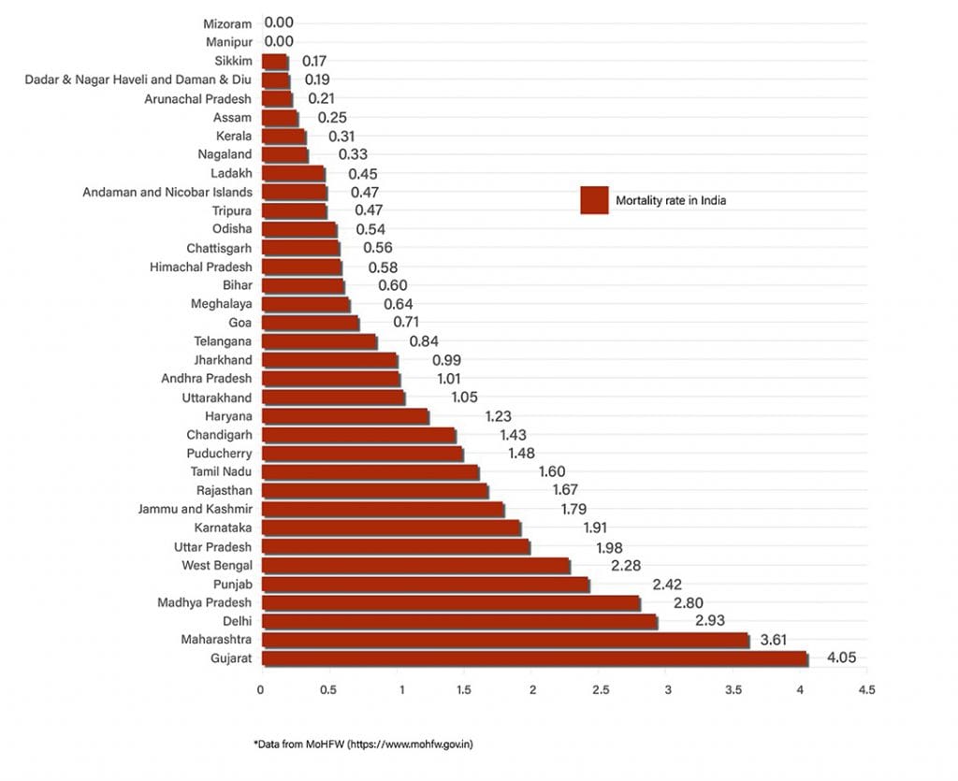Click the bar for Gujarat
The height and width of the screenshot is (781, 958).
pyautogui.click(x=533, y=658)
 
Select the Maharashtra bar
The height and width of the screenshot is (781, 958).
pyautogui.click(x=505, y=640)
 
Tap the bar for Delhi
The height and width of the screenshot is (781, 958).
pyautogui.click(x=458, y=621)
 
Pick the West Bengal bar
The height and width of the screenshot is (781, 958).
pyautogui.click(x=415, y=565)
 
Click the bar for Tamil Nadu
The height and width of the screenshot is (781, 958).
pyautogui.click(x=370, y=471)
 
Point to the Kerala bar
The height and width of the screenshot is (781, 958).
pyautogui.click(x=283, y=136)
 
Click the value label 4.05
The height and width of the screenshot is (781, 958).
pyautogui.click(x=842, y=658)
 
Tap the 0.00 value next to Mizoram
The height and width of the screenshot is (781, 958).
pyautogui.click(x=279, y=22)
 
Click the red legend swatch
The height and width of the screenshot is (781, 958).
pyautogui.click(x=594, y=200)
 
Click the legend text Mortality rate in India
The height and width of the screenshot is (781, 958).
pyautogui.click(x=670, y=200)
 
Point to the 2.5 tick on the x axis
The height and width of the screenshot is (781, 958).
pyautogui.click(x=600, y=690)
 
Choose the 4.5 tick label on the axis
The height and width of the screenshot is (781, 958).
pyautogui.click(x=867, y=690)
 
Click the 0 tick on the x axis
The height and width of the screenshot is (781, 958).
pyautogui.click(x=261, y=690)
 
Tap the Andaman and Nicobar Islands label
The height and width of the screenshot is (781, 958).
pyautogui.click(x=167, y=192)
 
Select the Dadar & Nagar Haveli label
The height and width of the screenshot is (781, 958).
pyautogui.click(x=138, y=80)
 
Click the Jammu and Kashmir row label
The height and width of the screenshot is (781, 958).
pyautogui.click(x=194, y=509)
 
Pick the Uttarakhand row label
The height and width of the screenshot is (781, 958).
pyautogui.click(x=216, y=398)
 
